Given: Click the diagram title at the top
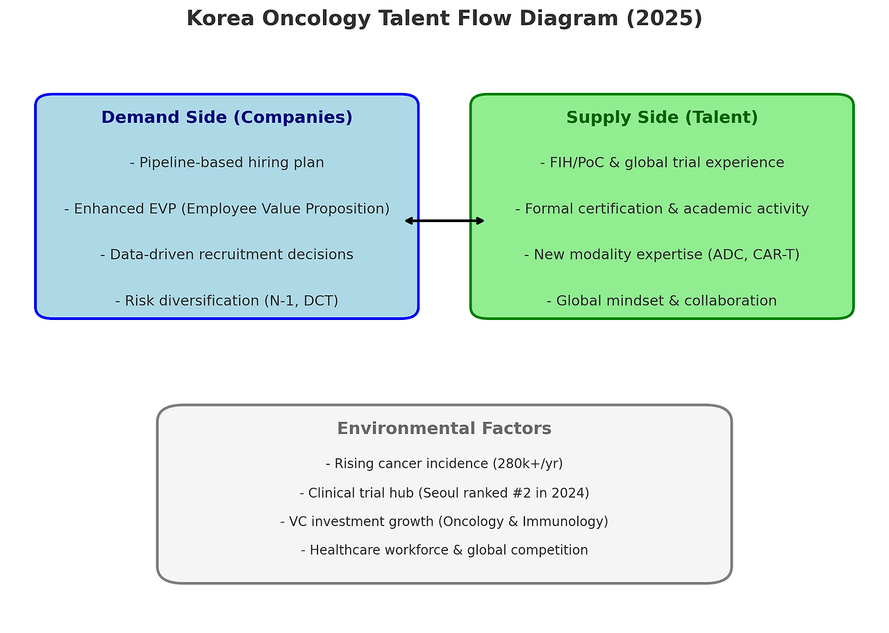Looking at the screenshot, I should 444,19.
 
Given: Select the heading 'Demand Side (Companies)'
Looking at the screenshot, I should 226,118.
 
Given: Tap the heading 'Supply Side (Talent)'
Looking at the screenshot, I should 662,118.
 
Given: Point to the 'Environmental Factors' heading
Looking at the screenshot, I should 444,429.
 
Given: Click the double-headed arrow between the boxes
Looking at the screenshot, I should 444,221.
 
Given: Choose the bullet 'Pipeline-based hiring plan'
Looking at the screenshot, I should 226,163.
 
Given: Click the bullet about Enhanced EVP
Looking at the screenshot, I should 226,209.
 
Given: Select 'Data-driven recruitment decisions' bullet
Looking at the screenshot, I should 226,255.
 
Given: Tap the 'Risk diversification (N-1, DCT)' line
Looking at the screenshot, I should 226,301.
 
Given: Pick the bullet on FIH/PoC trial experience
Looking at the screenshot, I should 662,163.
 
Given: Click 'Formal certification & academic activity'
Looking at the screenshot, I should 662,209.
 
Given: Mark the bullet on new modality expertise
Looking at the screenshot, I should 662,255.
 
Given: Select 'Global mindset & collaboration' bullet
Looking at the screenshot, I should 662,301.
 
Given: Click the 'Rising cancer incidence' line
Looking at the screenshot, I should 444,464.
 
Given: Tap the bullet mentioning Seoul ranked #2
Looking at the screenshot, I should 444,493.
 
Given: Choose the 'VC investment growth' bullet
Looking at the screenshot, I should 444,522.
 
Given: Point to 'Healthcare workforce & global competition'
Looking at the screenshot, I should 444,550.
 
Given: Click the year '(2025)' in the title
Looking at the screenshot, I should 664,19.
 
